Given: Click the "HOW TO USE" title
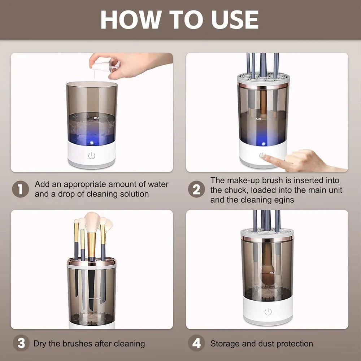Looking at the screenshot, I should click(179, 19).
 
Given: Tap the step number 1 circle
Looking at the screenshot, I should click(21, 189).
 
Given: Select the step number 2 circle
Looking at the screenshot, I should click(196, 189).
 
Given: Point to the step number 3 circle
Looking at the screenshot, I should click(21, 343).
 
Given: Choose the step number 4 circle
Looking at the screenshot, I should click(196, 343).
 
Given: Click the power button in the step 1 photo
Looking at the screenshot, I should click(92, 156).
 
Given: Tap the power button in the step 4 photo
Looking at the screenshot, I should click(268, 312).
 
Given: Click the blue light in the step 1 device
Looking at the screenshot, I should click(92, 143).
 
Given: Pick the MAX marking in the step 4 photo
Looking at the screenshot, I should click(272, 273).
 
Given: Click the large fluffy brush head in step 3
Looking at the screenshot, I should click(92, 222).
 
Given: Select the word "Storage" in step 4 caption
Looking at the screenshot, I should click(224, 343).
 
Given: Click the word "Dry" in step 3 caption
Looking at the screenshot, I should click(40, 343).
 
